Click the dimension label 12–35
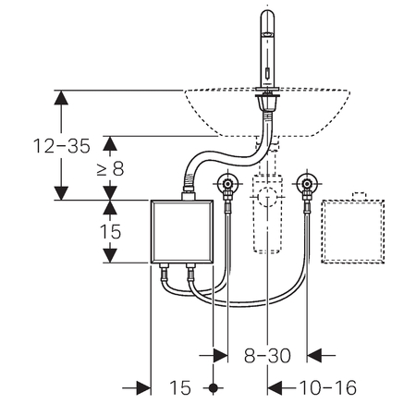click(62, 146)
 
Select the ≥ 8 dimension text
click(110, 168)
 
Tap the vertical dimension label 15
click(110, 231)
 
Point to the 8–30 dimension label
click(267, 356)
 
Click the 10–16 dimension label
click(328, 387)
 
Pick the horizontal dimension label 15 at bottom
click(180, 387)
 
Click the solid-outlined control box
click(182, 231)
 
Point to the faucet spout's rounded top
click(267, 15)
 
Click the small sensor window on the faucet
click(267, 74)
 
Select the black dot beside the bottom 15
click(213, 387)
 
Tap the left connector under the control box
click(165, 271)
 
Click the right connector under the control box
click(190, 271)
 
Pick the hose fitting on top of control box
click(189, 195)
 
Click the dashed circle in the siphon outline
click(267, 197)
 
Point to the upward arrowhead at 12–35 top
click(61, 97)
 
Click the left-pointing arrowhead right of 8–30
click(314, 356)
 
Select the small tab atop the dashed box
click(359, 196)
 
